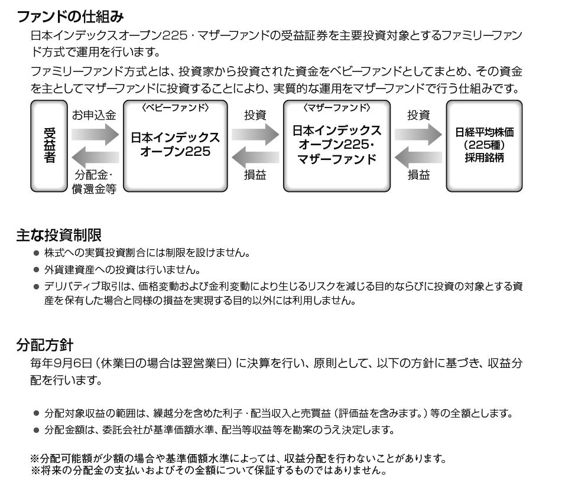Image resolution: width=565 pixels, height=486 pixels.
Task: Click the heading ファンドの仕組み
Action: [x=70, y=17]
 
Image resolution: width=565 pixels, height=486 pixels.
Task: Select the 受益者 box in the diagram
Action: [x=49, y=146]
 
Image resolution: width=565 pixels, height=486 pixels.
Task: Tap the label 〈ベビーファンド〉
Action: [x=175, y=107]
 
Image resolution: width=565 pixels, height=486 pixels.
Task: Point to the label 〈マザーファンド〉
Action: [x=336, y=107]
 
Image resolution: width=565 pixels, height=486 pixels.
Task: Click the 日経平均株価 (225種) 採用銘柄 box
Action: [x=484, y=146]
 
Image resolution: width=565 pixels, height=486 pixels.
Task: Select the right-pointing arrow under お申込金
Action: [x=95, y=134]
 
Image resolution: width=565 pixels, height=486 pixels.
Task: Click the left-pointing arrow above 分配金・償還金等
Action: [x=95, y=157]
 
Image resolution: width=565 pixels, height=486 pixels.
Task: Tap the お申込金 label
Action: [x=94, y=115]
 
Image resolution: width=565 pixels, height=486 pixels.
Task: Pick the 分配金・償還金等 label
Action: [x=94, y=182]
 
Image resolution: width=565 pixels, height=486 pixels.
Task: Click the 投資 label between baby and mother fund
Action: [x=255, y=115]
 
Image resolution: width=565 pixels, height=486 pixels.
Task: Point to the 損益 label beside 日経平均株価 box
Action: [x=418, y=175]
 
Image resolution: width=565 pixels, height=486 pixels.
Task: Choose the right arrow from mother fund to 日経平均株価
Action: [x=418, y=134]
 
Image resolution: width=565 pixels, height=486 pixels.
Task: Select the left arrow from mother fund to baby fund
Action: [x=255, y=157]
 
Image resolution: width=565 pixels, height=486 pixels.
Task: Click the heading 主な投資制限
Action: [x=59, y=236]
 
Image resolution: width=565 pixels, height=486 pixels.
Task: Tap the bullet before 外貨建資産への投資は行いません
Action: [x=36, y=270]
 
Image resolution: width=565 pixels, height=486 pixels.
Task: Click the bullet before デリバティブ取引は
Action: [x=36, y=287]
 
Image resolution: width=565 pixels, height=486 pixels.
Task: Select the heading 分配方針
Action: [x=45, y=345]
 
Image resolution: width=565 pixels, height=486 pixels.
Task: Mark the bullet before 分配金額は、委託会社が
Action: [x=36, y=430]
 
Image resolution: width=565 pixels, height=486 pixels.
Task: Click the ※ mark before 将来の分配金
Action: [x=35, y=471]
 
